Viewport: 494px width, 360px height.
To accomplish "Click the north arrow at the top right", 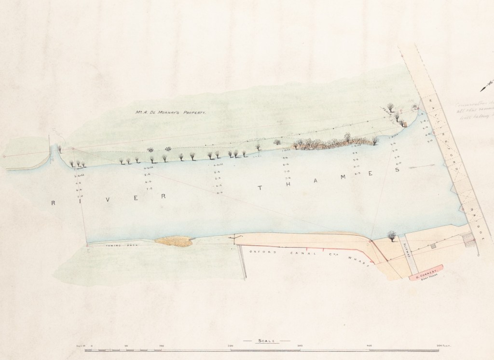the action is pyautogui.click(x=486, y=86).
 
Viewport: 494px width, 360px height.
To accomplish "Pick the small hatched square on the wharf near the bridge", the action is pyautogui.click(x=433, y=246).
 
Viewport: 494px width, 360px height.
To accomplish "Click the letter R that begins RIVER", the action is pyautogui.click(x=53, y=203).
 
